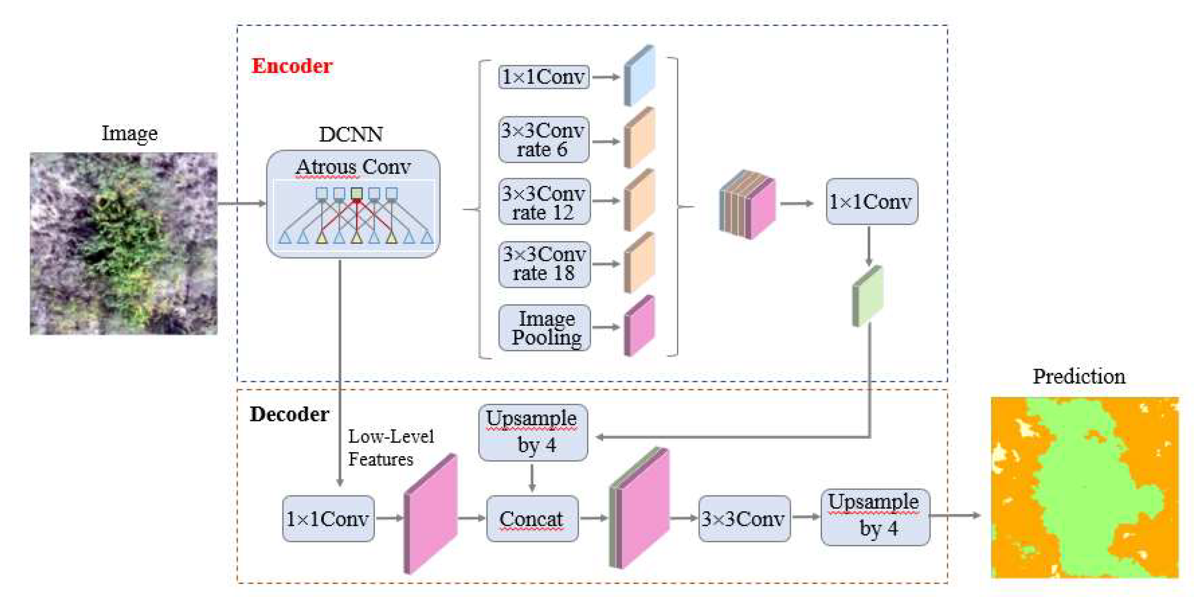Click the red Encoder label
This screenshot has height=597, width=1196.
click(292, 66)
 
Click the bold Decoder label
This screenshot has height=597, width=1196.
click(289, 414)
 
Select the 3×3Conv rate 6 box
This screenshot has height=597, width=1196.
click(544, 139)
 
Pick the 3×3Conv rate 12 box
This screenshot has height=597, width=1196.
click(544, 202)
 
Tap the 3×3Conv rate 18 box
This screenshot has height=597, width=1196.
click(544, 264)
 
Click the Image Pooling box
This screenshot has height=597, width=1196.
click(544, 328)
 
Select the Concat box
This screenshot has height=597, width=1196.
click(532, 519)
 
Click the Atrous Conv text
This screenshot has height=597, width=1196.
click(353, 167)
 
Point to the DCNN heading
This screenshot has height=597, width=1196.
click(350, 134)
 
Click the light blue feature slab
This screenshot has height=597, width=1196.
click(640, 76)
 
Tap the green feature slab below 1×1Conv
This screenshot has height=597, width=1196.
click(868, 296)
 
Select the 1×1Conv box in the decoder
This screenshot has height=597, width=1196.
click(328, 519)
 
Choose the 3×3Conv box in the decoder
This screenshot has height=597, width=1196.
click(744, 519)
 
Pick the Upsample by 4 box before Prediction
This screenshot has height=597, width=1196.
click(875, 516)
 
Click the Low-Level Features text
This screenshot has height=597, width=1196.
click(390, 448)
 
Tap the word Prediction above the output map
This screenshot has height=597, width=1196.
click(1078, 376)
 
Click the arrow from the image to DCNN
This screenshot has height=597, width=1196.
click(241, 203)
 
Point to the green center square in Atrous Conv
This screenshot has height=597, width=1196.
click(357, 193)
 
